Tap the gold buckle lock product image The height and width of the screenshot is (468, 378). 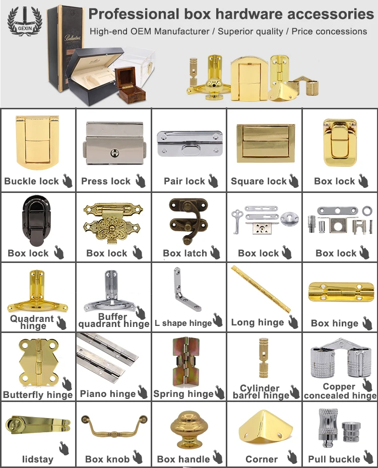37,143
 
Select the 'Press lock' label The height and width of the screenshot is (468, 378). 106,181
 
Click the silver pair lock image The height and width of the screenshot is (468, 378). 188,143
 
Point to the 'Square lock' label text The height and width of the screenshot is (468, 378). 259,181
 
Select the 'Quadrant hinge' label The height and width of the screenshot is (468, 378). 32,322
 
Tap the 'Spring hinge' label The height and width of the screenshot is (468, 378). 183,394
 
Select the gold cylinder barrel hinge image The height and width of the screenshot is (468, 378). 263,359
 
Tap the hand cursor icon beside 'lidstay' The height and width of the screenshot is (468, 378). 64,447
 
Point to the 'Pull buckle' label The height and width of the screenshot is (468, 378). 334,459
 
